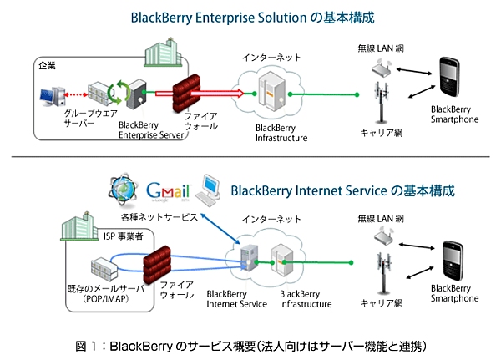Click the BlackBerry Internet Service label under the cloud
[235, 299]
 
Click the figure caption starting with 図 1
[250, 345]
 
